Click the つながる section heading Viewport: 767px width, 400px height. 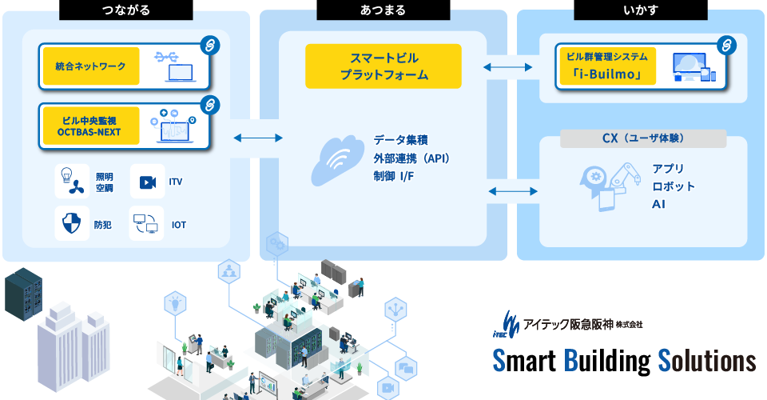click(x=126, y=10)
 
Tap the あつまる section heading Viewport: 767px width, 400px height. click(x=383, y=10)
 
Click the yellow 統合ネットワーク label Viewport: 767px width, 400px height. click(x=90, y=66)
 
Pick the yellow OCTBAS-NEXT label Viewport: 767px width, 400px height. click(x=89, y=126)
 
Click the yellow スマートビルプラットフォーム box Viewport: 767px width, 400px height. click(x=383, y=66)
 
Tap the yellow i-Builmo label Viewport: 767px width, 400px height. click(x=606, y=66)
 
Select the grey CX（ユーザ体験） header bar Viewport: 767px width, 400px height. click(x=643, y=138)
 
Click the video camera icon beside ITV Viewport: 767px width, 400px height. click(x=147, y=182)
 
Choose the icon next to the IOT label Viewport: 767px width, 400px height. click(x=146, y=224)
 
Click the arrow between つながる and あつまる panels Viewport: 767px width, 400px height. click(x=258, y=138)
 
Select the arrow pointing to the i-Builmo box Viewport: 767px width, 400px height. click(x=509, y=66)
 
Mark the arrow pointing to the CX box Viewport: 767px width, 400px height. click(x=512, y=190)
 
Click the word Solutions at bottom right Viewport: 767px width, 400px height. click(x=706, y=360)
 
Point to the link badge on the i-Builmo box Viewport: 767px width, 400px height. click(x=725, y=44)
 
